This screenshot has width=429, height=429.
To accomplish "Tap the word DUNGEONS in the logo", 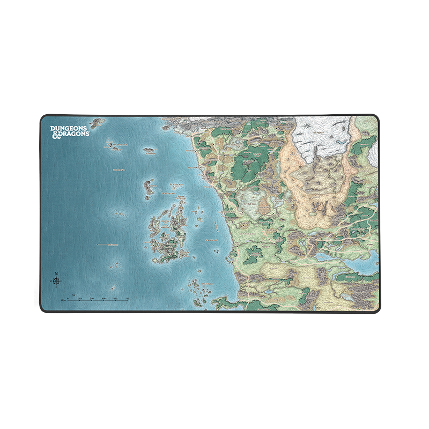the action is tap(70, 128).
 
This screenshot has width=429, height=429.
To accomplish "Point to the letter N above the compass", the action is tap(56, 273).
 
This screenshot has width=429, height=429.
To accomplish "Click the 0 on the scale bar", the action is tap(68, 299).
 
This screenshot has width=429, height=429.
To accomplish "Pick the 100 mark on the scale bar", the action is tap(79, 299).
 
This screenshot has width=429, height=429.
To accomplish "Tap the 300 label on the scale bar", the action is tap(103, 299).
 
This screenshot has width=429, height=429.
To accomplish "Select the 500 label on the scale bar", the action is tap(127, 299).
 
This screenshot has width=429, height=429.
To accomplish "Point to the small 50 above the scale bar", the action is tap(73, 294).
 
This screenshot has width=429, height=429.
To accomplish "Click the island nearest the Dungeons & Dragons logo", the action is tap(98, 123).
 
